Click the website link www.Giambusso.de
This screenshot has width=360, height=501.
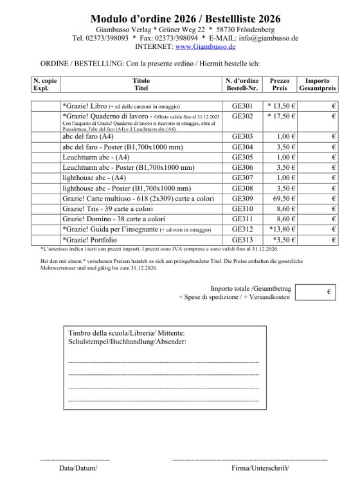[206, 47]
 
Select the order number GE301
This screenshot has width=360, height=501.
[242, 106]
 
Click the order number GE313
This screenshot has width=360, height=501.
[242, 240]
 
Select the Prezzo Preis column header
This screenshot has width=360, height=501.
[280, 85]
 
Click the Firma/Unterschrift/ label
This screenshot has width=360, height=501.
[260, 468]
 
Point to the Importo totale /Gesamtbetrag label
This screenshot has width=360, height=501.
[250, 288]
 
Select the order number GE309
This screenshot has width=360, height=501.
[242, 199]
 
